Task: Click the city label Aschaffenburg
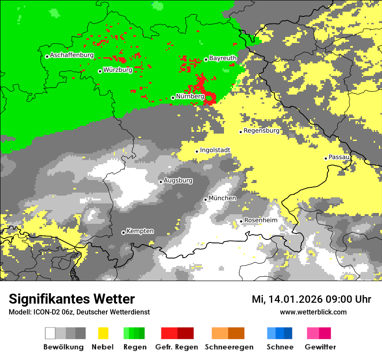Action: click(72, 55)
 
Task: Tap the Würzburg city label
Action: click(118, 70)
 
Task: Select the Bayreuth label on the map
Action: click(223, 58)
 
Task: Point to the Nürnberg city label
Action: click(190, 96)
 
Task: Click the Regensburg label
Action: click(261, 131)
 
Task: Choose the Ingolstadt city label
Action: click(215, 150)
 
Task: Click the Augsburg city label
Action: click(178, 180)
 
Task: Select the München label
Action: click(222, 198)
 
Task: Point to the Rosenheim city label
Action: click(260, 220)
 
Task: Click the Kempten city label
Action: click(140, 231)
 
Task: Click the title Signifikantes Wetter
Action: click(72, 299)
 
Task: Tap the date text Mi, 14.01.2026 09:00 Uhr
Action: click(311, 299)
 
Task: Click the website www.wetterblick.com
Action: click(313, 312)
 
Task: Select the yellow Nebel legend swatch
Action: click(103, 333)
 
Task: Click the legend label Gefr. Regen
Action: click(177, 347)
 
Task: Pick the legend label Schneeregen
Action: click(229, 347)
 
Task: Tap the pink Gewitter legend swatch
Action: click(319, 333)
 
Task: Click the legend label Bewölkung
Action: click(63, 347)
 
